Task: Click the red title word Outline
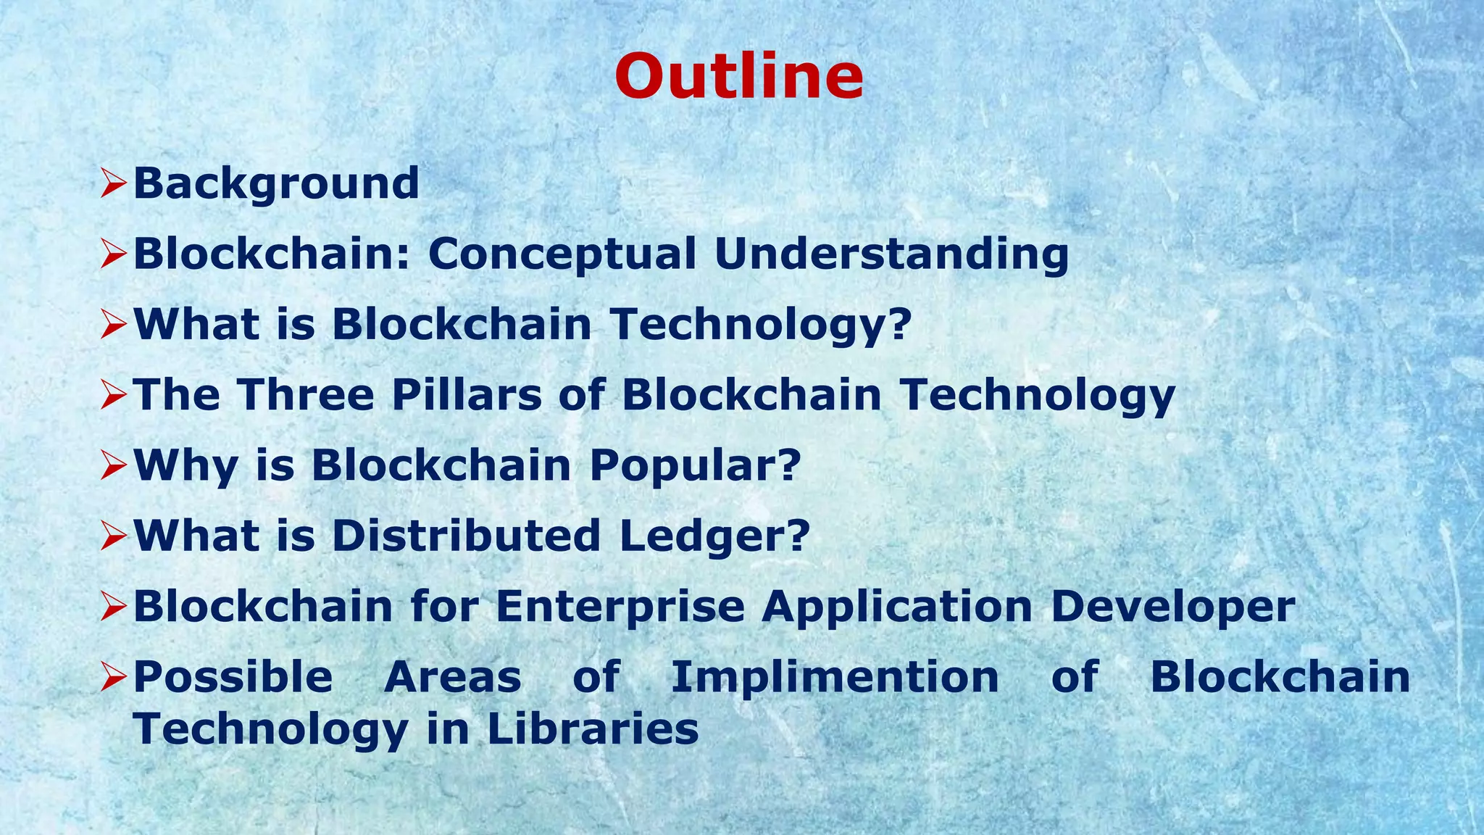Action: tap(738, 77)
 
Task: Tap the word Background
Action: tap(276, 184)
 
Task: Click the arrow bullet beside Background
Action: tap(114, 183)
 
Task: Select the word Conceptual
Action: tap(562, 254)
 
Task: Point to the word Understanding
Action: tap(891, 254)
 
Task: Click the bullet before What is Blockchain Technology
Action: tap(114, 324)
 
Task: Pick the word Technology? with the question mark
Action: tap(760, 325)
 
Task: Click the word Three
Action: tap(307, 395)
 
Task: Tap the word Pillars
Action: tap(467, 395)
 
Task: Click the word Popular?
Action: tap(696, 465)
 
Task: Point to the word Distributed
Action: tap(466, 536)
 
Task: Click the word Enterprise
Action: tap(620, 607)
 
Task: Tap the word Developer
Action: tap(1172, 607)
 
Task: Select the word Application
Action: tap(897, 607)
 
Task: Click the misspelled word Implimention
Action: tap(835, 678)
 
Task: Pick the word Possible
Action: tap(233, 677)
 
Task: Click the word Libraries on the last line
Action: tap(593, 728)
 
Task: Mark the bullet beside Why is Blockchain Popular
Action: tap(114, 465)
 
